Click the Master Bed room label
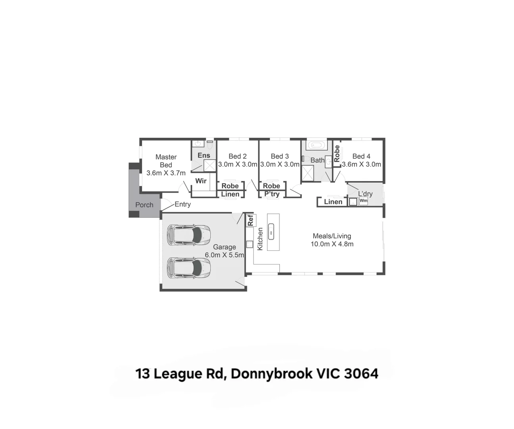click(166, 161)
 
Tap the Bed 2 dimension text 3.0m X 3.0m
click(237, 164)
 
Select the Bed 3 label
click(280, 156)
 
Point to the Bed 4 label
click(361, 156)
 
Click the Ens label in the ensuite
click(204, 155)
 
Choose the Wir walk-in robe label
click(201, 181)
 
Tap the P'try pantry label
click(272, 194)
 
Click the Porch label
click(144, 205)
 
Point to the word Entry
click(183, 204)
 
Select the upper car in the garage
click(189, 235)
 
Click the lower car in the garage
click(189, 268)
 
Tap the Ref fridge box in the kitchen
click(250, 220)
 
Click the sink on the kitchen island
click(271, 231)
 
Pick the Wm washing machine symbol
click(363, 201)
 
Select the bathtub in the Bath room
click(316, 145)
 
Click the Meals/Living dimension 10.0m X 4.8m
click(332, 244)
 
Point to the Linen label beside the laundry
click(333, 202)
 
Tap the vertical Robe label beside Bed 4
click(337, 153)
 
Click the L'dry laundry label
click(365, 194)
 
